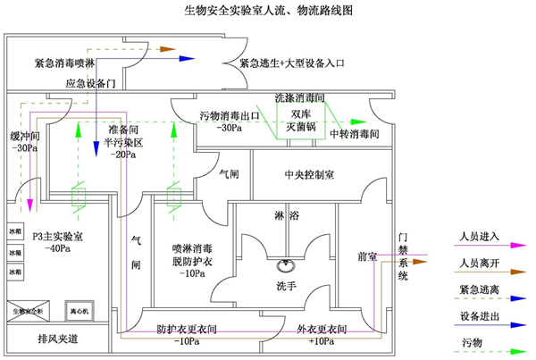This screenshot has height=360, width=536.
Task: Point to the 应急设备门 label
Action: [x=92, y=84]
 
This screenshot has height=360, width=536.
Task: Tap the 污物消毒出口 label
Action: [x=229, y=116]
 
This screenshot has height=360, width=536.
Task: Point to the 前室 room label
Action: [x=366, y=255]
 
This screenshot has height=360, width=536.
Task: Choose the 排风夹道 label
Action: [x=56, y=339]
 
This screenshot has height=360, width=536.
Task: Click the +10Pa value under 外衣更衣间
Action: [x=322, y=341]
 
